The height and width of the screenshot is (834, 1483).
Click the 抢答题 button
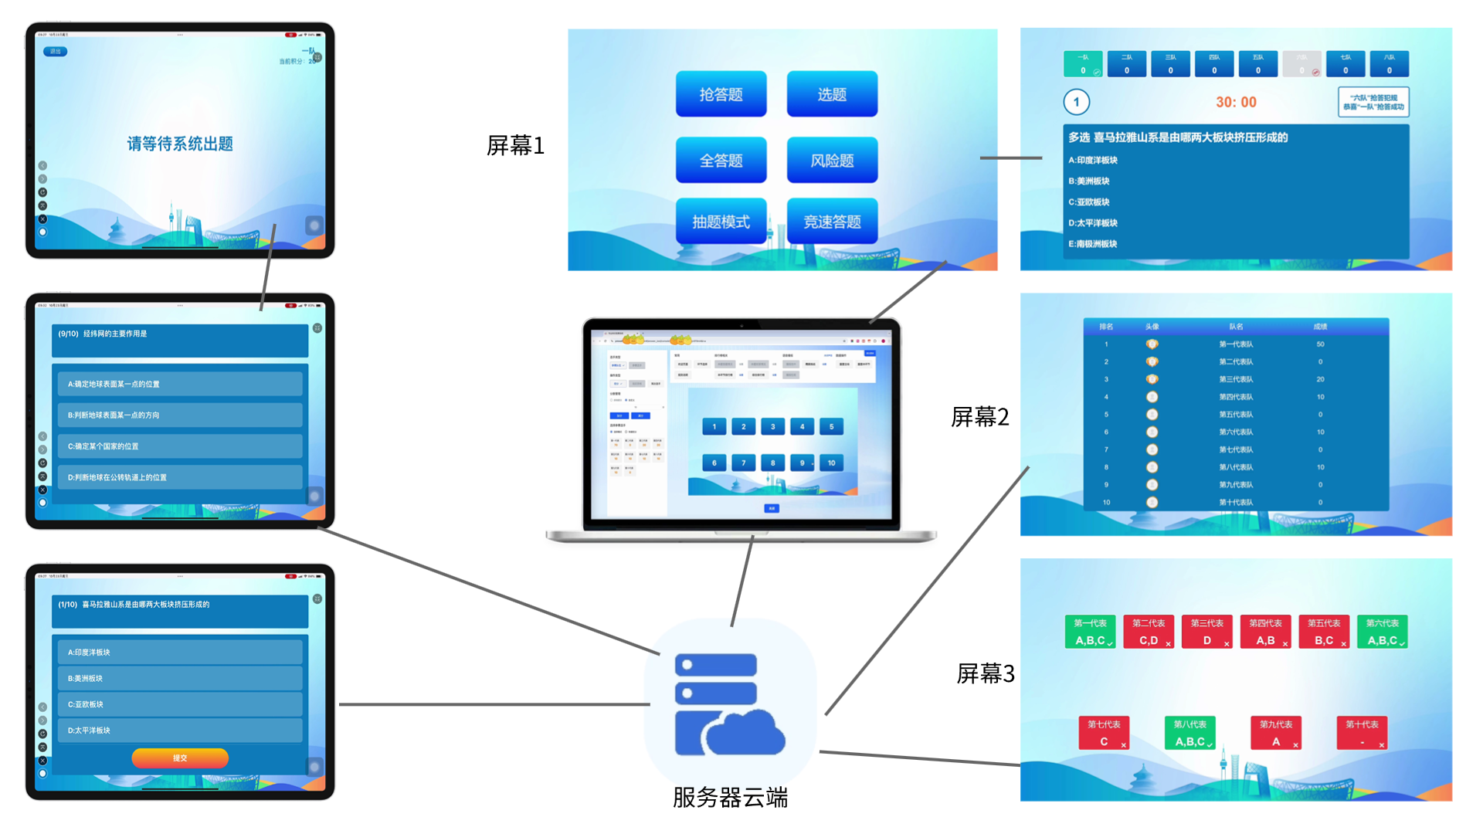(721, 94)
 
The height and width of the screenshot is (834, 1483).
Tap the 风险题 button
(832, 161)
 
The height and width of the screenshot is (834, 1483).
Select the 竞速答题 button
(832, 222)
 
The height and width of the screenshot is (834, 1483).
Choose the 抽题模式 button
(721, 222)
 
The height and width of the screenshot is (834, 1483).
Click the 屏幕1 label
(515, 145)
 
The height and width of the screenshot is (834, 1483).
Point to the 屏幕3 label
(985, 673)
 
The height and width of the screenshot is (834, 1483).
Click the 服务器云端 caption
(730, 797)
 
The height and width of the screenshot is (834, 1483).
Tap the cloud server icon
(730, 703)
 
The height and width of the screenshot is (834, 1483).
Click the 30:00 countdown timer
(1236, 102)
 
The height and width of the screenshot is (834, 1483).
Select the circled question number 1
(1076, 102)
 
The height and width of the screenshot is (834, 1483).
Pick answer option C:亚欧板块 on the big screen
(1089, 202)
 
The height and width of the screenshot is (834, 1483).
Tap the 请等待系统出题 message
(180, 144)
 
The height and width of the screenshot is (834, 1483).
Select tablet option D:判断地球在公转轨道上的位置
(179, 477)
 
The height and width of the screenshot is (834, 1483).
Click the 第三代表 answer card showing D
(1206, 632)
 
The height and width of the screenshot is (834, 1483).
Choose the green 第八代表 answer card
(1189, 733)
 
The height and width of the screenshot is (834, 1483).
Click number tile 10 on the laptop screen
(831, 463)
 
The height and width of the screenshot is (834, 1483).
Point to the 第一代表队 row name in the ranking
(1236, 344)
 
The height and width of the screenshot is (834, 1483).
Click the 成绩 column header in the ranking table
(1320, 327)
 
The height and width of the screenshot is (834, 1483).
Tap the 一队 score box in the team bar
(1083, 64)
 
